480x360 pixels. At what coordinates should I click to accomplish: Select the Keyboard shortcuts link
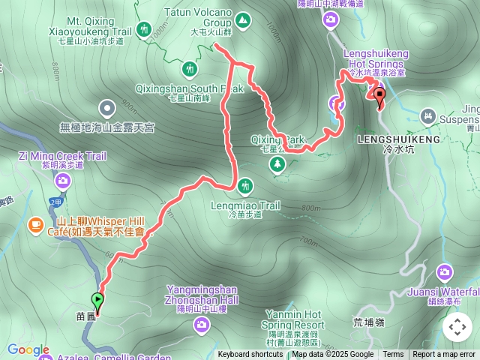pyautogui.click(x=250, y=355)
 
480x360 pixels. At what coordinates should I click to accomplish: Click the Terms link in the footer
pyautogui.click(x=393, y=355)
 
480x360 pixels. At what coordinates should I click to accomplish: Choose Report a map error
pyautogui.click(x=444, y=355)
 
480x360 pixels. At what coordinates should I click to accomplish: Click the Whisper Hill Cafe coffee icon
pyautogui.click(x=35, y=223)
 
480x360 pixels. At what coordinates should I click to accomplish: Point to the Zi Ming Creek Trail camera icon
pyautogui.click(x=63, y=180)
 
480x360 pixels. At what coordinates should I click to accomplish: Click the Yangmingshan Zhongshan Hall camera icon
pyautogui.click(x=202, y=324)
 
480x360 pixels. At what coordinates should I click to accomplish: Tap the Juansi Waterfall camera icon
pyautogui.click(x=445, y=271)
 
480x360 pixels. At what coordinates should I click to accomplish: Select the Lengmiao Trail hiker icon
pyautogui.click(x=244, y=185)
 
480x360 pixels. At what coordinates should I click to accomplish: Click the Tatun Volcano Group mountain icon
pyautogui.click(x=243, y=19)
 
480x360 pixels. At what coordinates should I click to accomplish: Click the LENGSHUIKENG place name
pyautogui.click(x=389, y=139)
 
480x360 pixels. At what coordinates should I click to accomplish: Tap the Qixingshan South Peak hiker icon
pyautogui.click(x=191, y=70)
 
